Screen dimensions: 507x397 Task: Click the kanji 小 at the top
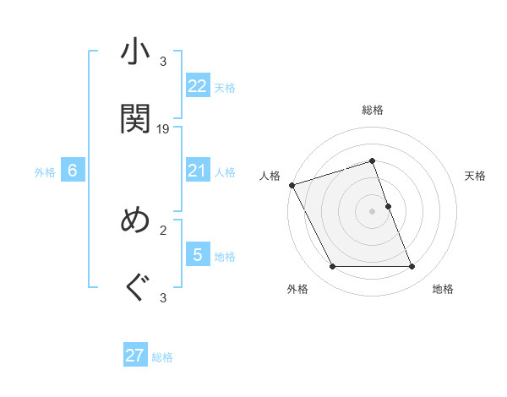pyautogui.click(x=135, y=52)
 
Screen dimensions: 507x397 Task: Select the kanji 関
pyautogui.click(x=135, y=117)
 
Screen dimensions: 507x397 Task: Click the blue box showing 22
pyautogui.click(x=197, y=85)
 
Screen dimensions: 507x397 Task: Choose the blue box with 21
pyautogui.click(x=197, y=171)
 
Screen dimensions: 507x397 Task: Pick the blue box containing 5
pyautogui.click(x=197, y=254)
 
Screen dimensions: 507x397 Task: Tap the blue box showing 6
pyautogui.click(x=73, y=171)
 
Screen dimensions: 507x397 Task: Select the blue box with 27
pyautogui.click(x=135, y=356)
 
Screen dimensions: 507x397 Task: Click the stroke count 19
pyautogui.click(x=164, y=129)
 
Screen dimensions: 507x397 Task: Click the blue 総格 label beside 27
pyautogui.click(x=162, y=357)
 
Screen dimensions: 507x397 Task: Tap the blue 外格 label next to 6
pyautogui.click(x=45, y=172)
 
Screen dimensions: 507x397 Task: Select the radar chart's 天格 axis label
pyautogui.click(x=476, y=176)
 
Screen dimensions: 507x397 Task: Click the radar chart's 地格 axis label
pyautogui.click(x=443, y=290)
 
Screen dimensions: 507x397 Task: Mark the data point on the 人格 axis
pyautogui.click(x=292, y=185)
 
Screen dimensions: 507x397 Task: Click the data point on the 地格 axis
pyautogui.click(x=412, y=267)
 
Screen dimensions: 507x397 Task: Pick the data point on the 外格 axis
pyautogui.click(x=332, y=267)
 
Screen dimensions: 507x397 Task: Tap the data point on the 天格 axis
pyautogui.click(x=388, y=206)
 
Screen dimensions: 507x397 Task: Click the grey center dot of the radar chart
pyautogui.click(x=372, y=211)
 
